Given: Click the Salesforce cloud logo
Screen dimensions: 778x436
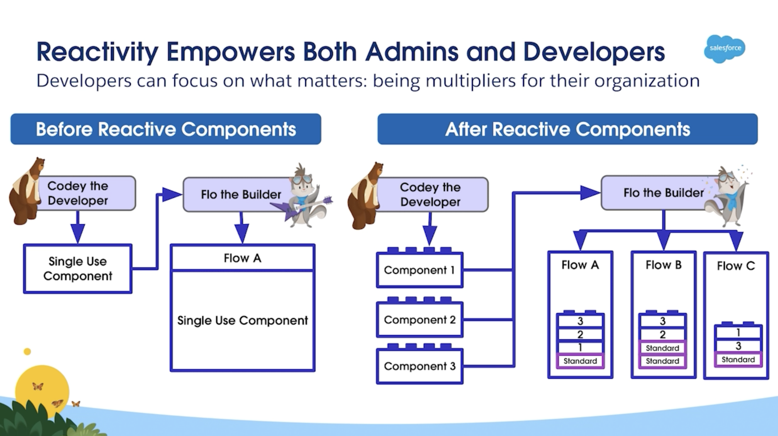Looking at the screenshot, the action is click(725, 49).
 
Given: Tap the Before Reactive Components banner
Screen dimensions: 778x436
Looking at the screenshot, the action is click(166, 129).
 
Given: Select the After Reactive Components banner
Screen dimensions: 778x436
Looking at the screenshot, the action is click(568, 129).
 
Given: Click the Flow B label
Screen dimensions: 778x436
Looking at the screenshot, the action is click(663, 265).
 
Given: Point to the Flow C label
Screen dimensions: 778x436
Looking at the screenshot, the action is click(736, 266).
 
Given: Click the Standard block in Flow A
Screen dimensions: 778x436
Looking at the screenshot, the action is click(580, 361).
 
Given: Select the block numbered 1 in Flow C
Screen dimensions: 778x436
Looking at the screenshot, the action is click(738, 333).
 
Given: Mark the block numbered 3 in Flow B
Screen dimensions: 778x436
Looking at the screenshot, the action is click(663, 321).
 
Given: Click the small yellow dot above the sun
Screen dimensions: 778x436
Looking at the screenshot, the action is click(27, 351).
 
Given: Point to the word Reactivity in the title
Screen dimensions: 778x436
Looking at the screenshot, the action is click(97, 52).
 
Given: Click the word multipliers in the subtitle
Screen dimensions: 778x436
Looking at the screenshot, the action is click(470, 81).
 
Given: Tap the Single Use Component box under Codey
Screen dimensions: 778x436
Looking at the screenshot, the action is click(78, 269).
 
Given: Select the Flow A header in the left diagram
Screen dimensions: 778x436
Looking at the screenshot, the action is click(243, 257).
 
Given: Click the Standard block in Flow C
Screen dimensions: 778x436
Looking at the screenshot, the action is click(738, 359).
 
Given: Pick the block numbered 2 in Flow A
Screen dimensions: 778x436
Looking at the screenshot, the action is click(580, 334).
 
